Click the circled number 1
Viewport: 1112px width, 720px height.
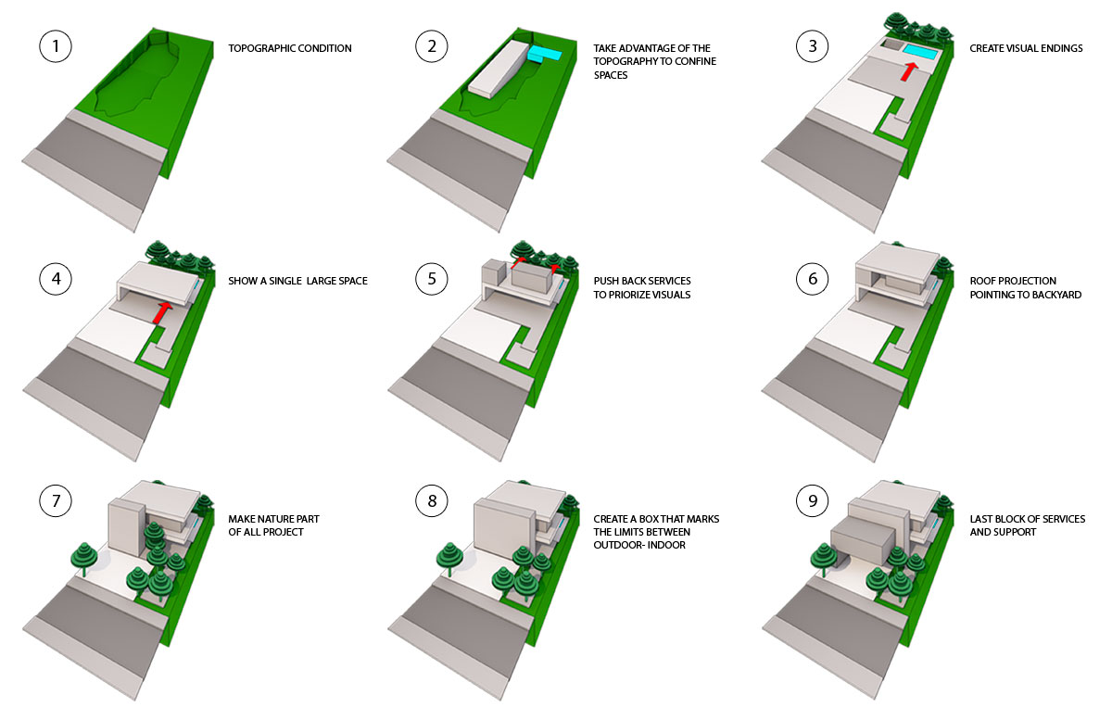(x=55, y=46)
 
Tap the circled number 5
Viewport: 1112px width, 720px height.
(x=432, y=279)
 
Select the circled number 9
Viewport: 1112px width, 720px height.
(x=812, y=500)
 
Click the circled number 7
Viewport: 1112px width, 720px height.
(x=55, y=500)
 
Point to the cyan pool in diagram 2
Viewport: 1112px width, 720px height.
(x=545, y=54)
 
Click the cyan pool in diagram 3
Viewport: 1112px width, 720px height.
(x=920, y=52)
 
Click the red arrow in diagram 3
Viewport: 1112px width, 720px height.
(x=908, y=71)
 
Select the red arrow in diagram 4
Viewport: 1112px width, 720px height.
(x=161, y=313)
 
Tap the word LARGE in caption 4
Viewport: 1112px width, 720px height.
(x=322, y=281)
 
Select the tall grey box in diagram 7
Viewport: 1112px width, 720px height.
(x=127, y=528)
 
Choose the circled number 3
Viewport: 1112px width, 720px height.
(x=812, y=46)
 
